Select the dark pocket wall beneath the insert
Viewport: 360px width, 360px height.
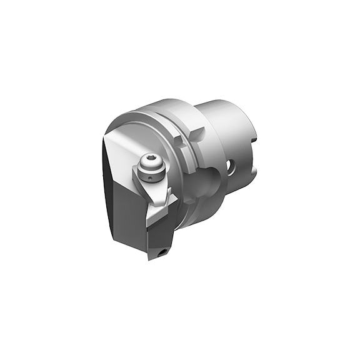156,241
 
